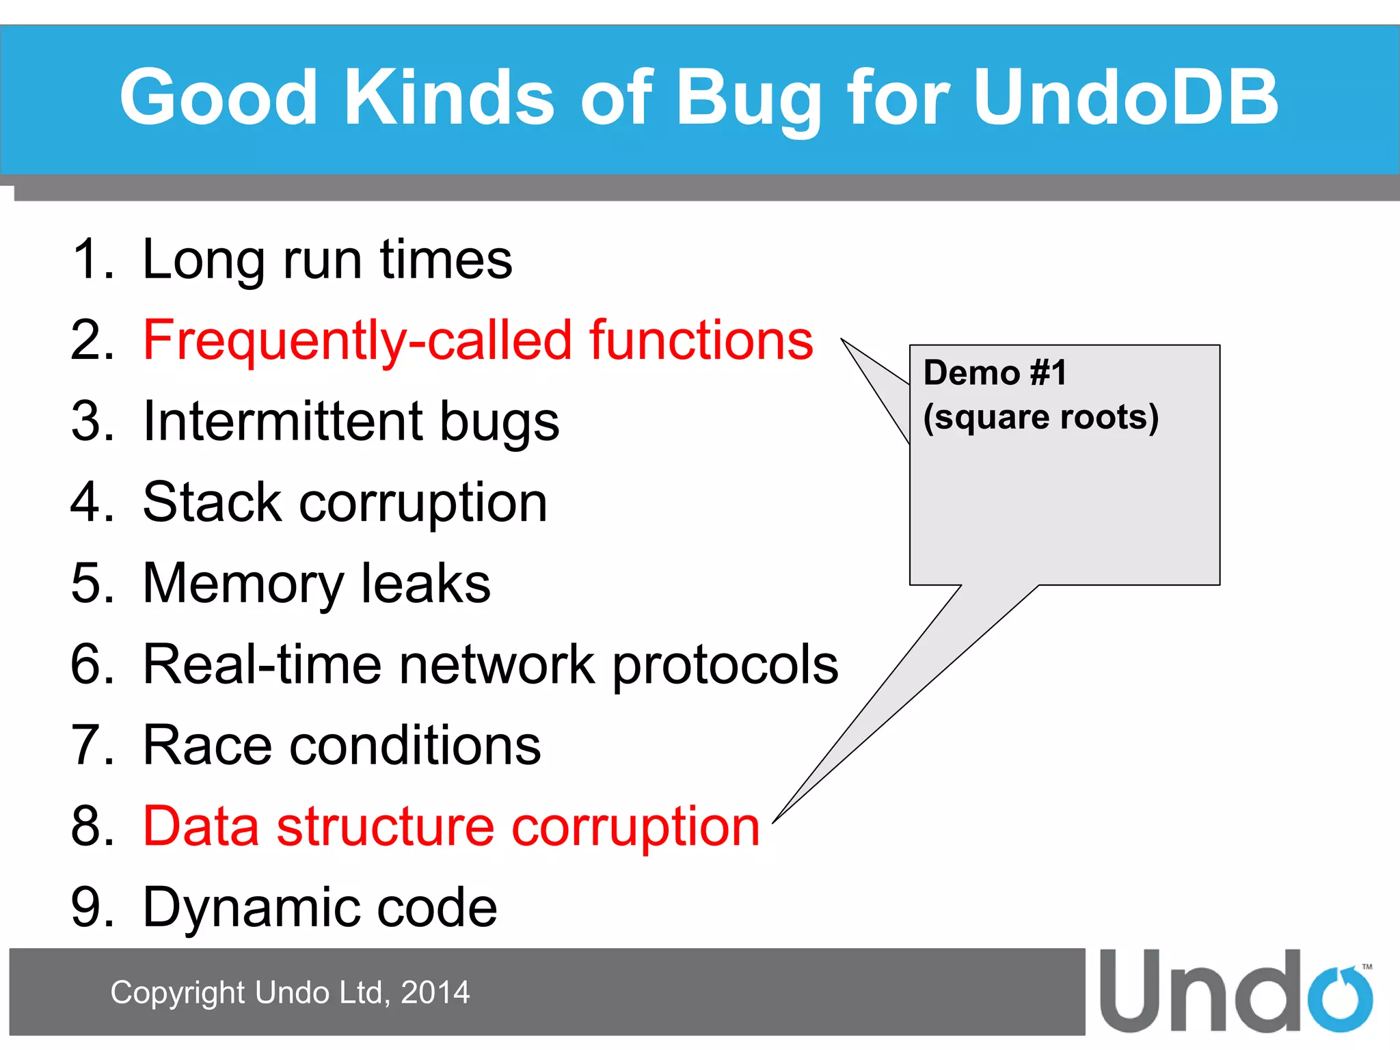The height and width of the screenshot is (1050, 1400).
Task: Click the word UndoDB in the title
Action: (x=1125, y=97)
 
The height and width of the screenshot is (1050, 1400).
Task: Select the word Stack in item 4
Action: (x=212, y=502)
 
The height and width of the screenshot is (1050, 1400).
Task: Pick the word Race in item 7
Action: (x=207, y=745)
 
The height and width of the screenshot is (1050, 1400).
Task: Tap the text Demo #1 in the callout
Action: (x=995, y=373)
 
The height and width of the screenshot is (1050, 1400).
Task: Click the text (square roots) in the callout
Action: (x=1040, y=417)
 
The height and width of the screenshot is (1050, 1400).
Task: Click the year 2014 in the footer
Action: (x=435, y=993)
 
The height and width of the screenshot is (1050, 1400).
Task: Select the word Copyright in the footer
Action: (x=177, y=993)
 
